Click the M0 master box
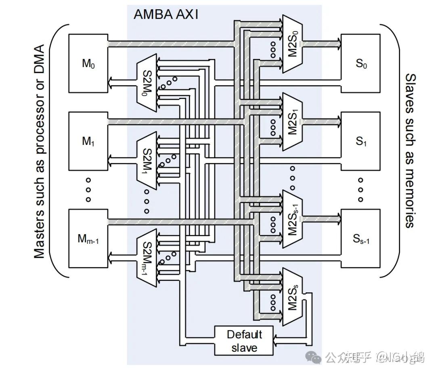pos(88,63)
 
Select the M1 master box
pos(88,141)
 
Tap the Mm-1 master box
pos(88,238)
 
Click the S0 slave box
pos(361,63)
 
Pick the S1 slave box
pos(361,141)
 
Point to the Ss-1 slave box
pos(361,238)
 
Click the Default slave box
pos(244,341)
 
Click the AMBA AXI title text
pos(166,15)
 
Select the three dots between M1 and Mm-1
pos(88,189)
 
